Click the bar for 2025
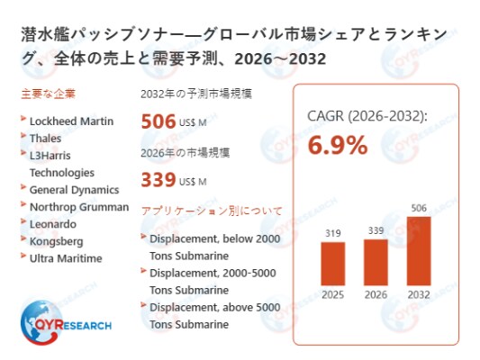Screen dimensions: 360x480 coord(333,263)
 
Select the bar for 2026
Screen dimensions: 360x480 coord(376,261)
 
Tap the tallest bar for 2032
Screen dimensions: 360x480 coord(419,250)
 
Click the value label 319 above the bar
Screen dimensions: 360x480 coord(333,233)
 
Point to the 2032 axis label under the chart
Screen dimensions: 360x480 coord(419,293)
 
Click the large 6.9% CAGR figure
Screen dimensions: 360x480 coord(338,144)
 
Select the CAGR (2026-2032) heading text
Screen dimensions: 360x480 coord(367,114)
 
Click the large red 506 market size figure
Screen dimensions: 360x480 coord(158,122)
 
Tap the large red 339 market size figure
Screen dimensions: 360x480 coord(158,179)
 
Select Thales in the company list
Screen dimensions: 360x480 coord(46,138)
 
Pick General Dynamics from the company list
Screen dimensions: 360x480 coord(74,190)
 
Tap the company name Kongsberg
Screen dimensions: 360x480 coord(56,241)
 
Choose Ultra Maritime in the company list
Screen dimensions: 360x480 coord(66,258)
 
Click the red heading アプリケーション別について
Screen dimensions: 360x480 coord(211,211)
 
